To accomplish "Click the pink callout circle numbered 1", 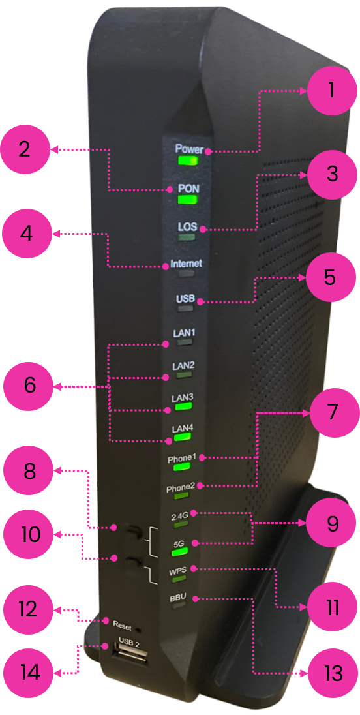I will (331, 90).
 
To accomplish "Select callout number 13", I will (332, 673).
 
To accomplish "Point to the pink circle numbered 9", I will (331, 523).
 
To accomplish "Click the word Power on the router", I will (189, 149).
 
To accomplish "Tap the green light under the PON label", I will (187, 200).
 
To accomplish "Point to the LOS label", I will (187, 227).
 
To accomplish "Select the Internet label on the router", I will (186, 264).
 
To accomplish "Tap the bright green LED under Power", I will (188, 161).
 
